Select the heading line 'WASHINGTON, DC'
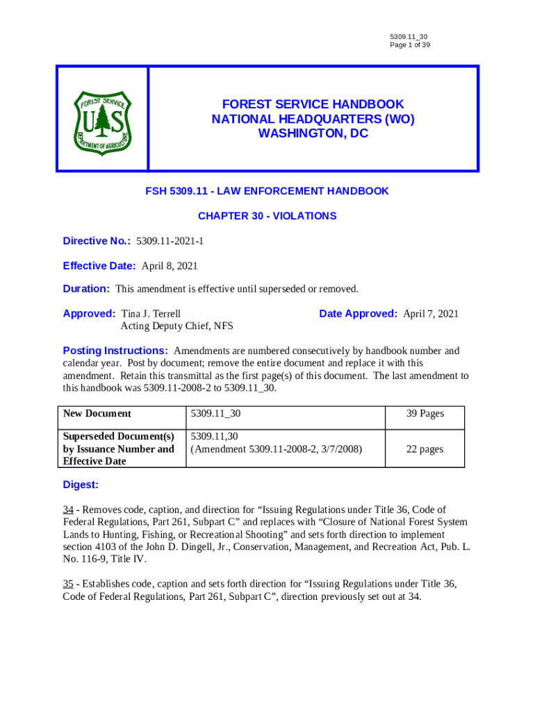pyautogui.click(x=313, y=134)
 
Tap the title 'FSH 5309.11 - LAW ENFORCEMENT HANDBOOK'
pyautogui.click(x=267, y=191)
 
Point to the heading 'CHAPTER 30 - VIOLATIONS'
pyautogui.click(x=267, y=216)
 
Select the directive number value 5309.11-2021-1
pyautogui.click(x=170, y=241)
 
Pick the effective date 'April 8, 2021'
pyautogui.click(x=170, y=266)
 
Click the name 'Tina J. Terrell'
pyautogui.click(x=151, y=314)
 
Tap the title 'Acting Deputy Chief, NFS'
pyautogui.click(x=176, y=326)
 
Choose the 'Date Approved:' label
pyautogui.click(x=358, y=314)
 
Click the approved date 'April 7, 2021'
pyautogui.click(x=431, y=314)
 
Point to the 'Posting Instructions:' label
pyautogui.click(x=115, y=351)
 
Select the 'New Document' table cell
pyautogui.click(x=97, y=414)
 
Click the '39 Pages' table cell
pyautogui.click(x=425, y=414)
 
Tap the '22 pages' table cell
pyautogui.click(x=425, y=449)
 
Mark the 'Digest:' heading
pyautogui.click(x=81, y=485)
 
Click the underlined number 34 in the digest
pyautogui.click(x=69, y=510)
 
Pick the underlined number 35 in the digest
pyautogui.click(x=69, y=584)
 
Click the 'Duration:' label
pyautogui.click(x=86, y=289)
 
